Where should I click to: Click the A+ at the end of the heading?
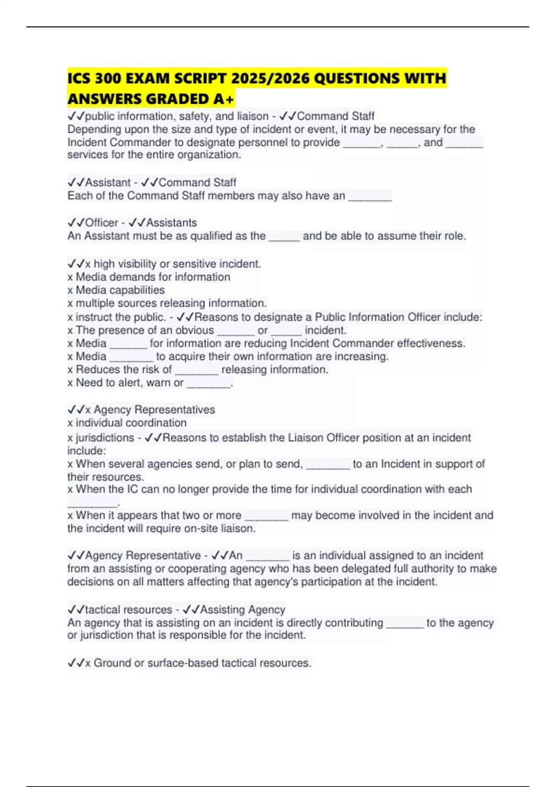tap(224, 99)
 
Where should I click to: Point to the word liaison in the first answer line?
tap(253, 116)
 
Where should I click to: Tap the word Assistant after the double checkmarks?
tap(108, 182)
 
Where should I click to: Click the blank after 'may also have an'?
tap(370, 196)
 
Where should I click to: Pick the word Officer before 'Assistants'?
tap(101, 223)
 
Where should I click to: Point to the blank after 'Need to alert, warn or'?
tap(208, 383)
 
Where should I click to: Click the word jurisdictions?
tap(105, 438)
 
